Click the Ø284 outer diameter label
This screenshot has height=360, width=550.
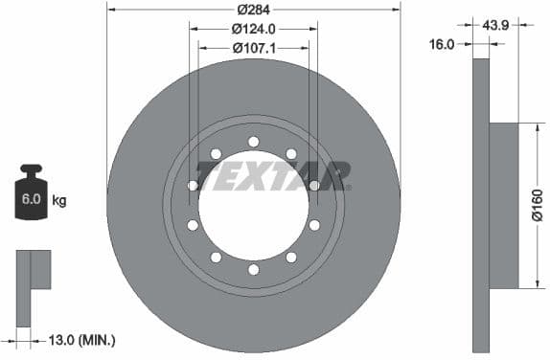point(253,9)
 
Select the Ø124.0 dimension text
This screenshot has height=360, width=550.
point(253,29)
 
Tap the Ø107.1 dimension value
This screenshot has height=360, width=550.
point(253,46)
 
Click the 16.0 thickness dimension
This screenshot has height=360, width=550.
point(444,43)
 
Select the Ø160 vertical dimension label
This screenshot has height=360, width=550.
point(537,205)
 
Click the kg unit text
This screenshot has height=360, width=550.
point(59,201)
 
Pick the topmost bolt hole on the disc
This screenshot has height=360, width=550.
point(253,142)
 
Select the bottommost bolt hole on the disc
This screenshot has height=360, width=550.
point(253,269)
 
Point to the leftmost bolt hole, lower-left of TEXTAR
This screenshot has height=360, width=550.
point(193,225)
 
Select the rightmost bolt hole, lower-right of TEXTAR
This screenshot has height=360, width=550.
point(313,225)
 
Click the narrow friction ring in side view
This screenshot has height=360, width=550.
point(481,205)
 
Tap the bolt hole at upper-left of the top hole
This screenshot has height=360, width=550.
point(216,153)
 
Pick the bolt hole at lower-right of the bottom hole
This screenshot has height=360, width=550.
point(290,257)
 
